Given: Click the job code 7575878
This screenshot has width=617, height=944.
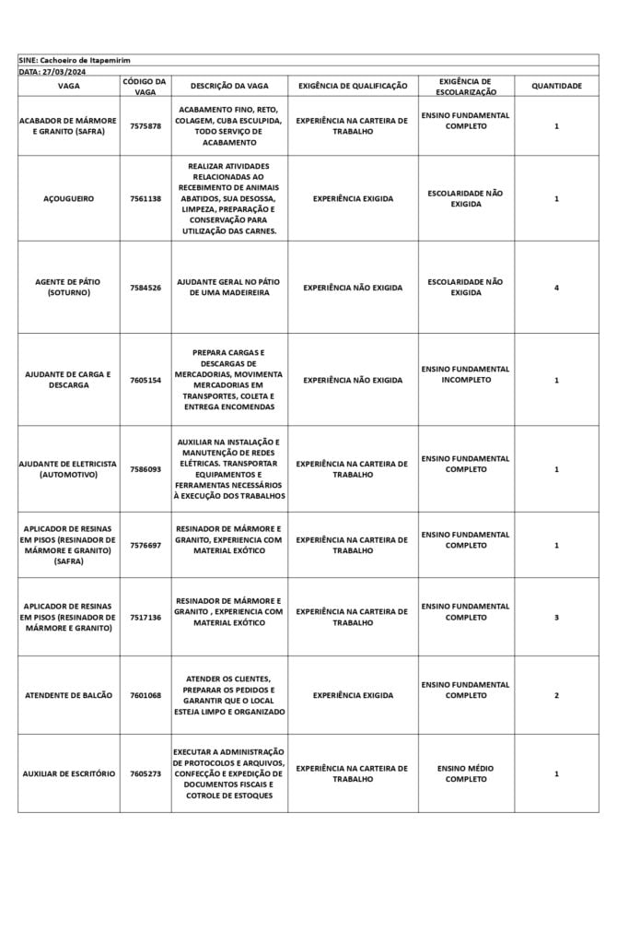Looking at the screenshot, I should (x=145, y=126).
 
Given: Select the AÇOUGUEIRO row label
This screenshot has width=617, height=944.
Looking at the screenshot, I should (x=68, y=198).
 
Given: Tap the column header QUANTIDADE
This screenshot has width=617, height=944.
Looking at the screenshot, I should (x=556, y=86).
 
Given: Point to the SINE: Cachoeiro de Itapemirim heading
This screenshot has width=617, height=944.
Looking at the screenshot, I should (x=76, y=60).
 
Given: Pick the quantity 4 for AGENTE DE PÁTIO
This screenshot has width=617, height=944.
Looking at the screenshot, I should (x=556, y=288).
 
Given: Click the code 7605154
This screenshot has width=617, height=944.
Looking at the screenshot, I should (x=145, y=380).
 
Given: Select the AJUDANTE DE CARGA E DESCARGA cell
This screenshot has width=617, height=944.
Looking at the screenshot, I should (x=68, y=380).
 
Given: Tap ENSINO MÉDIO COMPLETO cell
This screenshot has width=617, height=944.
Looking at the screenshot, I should (x=465, y=773).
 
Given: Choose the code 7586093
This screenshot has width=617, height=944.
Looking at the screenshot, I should (x=145, y=469).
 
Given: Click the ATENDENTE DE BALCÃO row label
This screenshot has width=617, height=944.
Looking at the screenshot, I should (x=68, y=695).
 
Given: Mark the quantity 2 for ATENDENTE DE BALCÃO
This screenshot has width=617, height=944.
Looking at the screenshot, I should (x=556, y=695).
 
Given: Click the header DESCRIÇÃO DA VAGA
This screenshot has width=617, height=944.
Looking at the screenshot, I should (x=229, y=86).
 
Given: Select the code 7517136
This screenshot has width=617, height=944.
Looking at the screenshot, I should (x=145, y=617).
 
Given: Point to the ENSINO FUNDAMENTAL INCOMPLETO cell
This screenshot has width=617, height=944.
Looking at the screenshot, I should (x=465, y=374).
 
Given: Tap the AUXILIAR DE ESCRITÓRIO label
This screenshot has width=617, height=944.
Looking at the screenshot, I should (x=68, y=773).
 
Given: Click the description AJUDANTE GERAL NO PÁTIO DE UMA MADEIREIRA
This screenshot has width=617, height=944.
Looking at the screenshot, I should (x=229, y=288).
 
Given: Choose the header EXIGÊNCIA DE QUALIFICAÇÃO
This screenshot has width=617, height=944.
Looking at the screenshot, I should (x=353, y=86).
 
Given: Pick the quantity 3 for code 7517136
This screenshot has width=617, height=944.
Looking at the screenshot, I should (x=556, y=617).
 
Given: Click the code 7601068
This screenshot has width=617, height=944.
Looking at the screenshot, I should (x=145, y=695).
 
